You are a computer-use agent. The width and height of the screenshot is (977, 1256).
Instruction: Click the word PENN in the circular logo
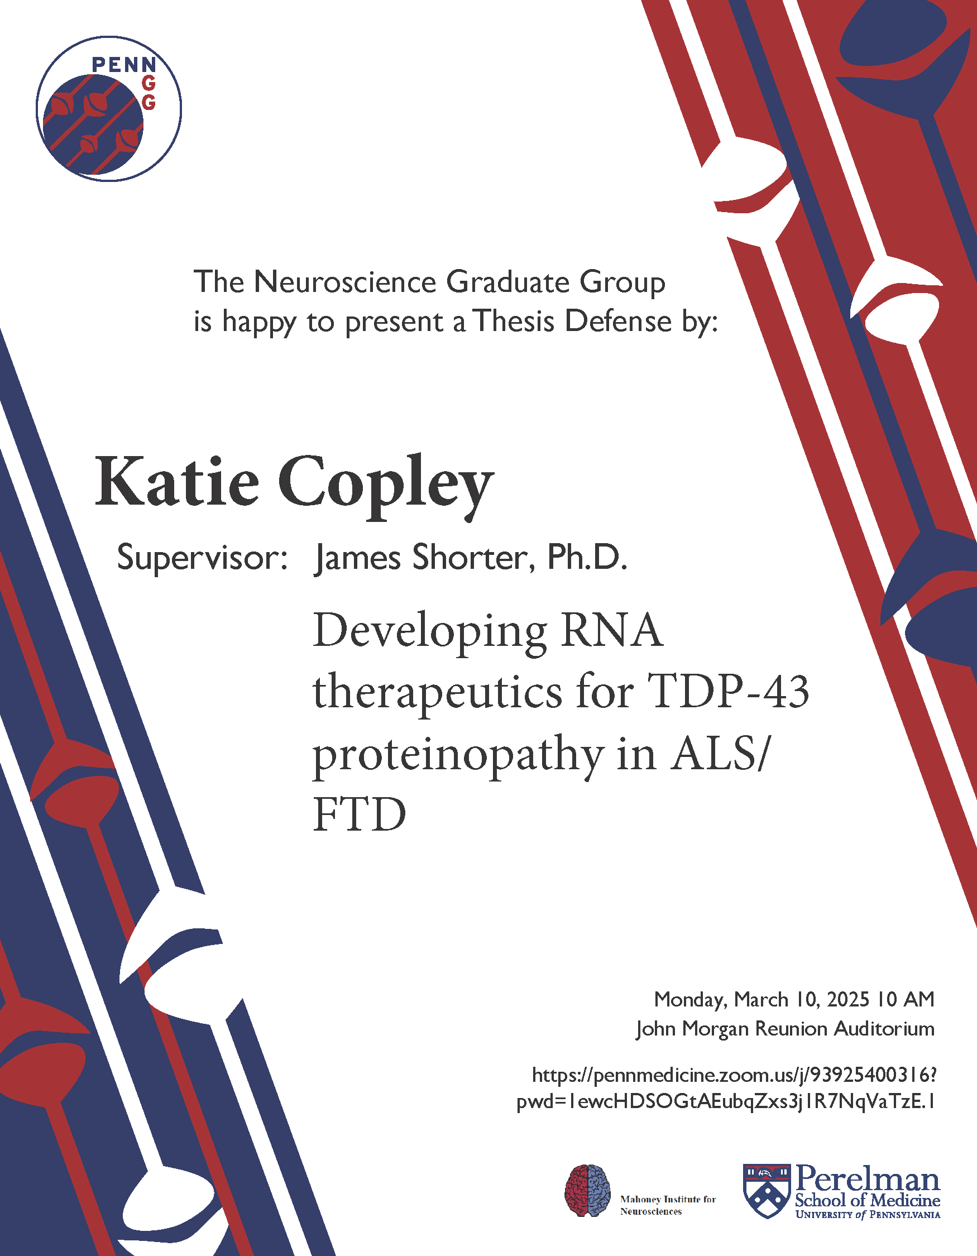(x=123, y=64)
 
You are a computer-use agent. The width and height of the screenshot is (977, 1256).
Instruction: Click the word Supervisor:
(x=202, y=557)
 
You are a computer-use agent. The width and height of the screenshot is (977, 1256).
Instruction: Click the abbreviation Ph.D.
(x=587, y=557)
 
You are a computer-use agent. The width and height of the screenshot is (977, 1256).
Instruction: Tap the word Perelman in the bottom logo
(x=868, y=1180)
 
